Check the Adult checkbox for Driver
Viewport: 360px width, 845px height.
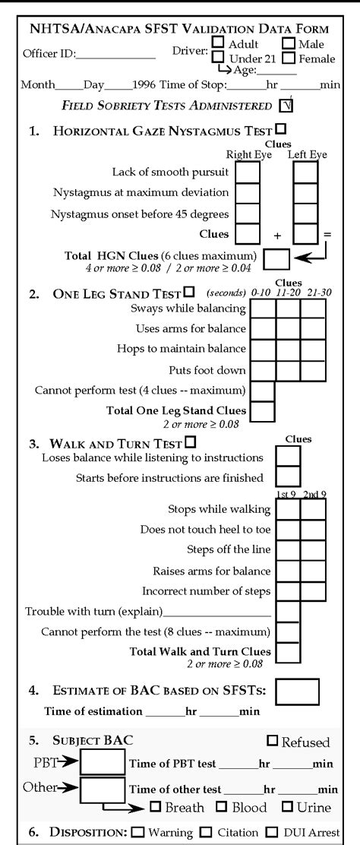[x=217, y=44]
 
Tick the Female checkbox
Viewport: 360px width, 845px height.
[x=289, y=58]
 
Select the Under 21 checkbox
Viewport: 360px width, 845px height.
[x=217, y=58]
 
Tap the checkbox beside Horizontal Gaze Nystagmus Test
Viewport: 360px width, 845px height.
[x=281, y=129]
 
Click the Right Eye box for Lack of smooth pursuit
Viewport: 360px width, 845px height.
[x=248, y=172]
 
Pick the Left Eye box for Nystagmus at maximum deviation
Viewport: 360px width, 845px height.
[x=305, y=192]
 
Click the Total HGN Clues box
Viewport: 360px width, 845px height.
[x=276, y=259]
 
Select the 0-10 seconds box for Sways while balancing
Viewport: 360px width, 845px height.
[x=263, y=309]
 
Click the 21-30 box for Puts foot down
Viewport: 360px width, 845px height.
[x=312, y=370]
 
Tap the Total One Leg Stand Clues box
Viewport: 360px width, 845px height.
[x=263, y=411]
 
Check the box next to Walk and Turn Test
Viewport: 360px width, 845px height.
[x=190, y=441]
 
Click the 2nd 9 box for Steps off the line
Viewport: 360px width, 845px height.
[x=313, y=549]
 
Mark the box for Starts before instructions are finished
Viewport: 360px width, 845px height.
[x=287, y=477]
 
